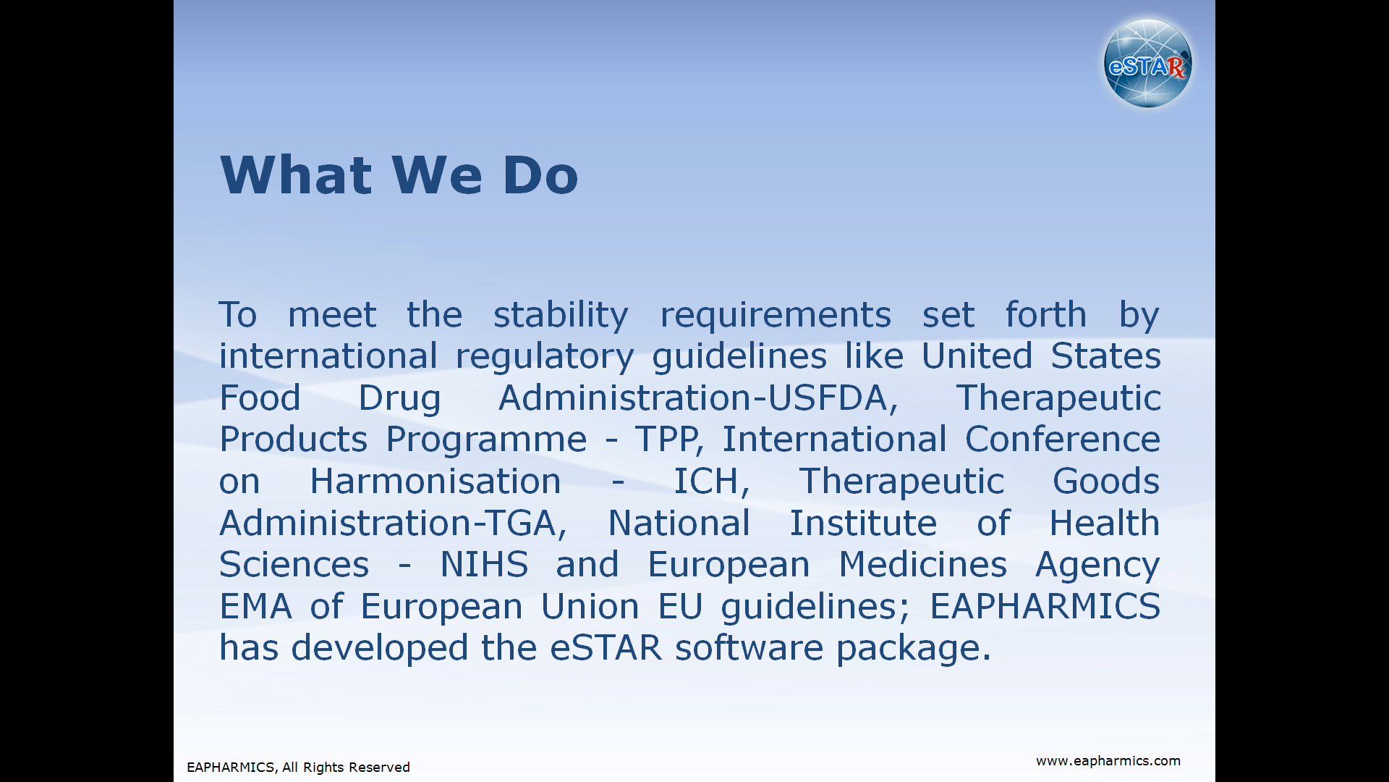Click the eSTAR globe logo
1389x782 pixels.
click(x=1148, y=64)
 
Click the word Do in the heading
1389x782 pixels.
click(x=540, y=175)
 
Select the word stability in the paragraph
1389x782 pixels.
click(x=561, y=316)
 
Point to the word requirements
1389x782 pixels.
click(x=775, y=316)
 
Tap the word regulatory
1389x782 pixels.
click(x=545, y=357)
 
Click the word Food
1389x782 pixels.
click(x=260, y=398)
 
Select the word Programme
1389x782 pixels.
click(x=486, y=440)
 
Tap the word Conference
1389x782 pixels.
click(x=1063, y=439)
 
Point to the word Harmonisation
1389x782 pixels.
click(x=436, y=481)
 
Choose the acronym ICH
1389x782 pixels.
click(x=706, y=481)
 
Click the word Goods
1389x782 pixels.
click(x=1106, y=481)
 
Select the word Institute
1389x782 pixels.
click(x=862, y=523)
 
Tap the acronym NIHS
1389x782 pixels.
click(x=484, y=564)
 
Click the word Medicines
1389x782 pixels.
click(x=922, y=564)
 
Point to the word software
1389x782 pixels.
click(x=749, y=647)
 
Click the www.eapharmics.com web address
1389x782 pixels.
click(x=1108, y=761)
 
